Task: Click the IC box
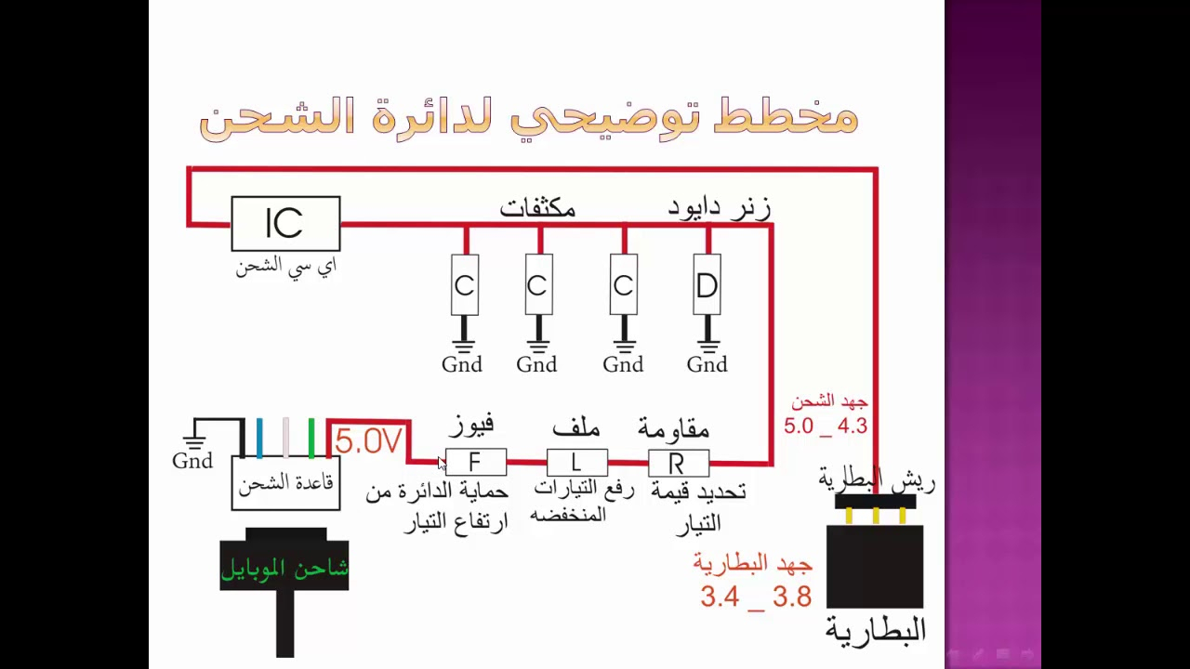tap(285, 224)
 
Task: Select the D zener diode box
tap(707, 285)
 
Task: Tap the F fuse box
tap(475, 462)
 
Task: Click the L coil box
tap(576, 462)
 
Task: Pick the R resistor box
tap(678, 463)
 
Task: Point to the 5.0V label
tap(368, 441)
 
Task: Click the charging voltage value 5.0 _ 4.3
tap(826, 426)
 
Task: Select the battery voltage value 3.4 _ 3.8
tap(756, 597)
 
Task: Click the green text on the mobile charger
tap(284, 569)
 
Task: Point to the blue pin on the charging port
tap(259, 439)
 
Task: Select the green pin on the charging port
tap(311, 439)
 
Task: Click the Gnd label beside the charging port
tap(192, 461)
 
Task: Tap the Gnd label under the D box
tap(707, 365)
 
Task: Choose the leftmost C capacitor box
tap(464, 285)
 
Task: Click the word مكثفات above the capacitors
tap(537, 208)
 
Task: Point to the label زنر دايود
tap(719, 208)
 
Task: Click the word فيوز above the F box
tap(471, 426)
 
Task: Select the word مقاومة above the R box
tap(673, 428)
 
